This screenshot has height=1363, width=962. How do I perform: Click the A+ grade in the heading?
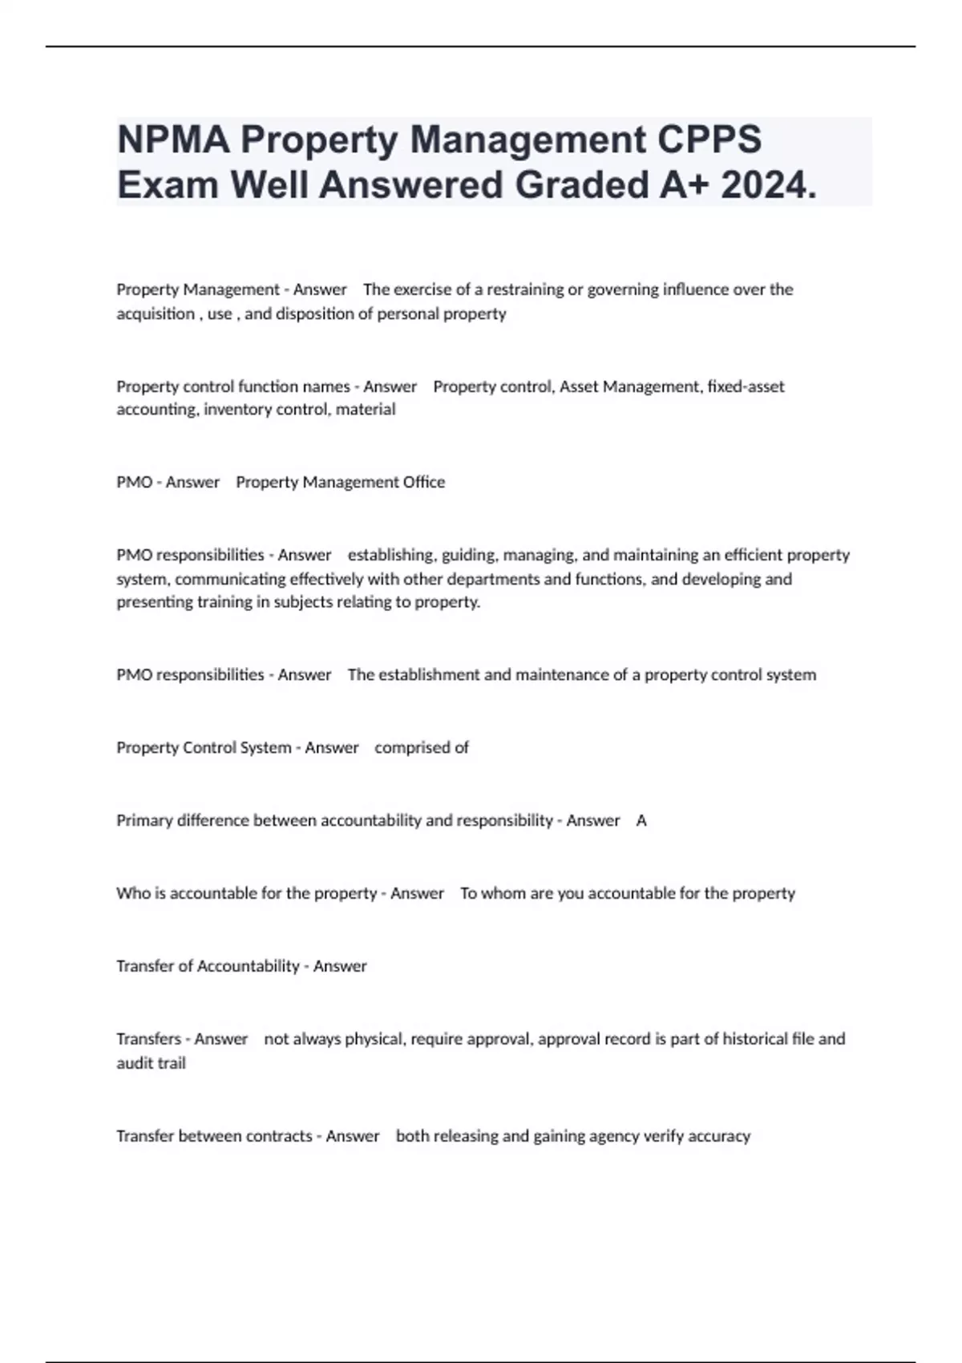coord(685,185)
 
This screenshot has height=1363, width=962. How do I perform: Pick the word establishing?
coord(390,555)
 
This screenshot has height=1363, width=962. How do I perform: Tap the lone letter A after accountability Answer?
coord(641,820)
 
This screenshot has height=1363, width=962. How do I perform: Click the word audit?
coord(132,1063)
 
